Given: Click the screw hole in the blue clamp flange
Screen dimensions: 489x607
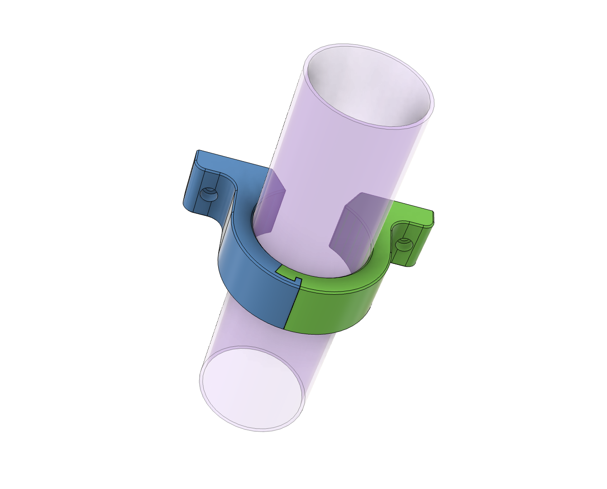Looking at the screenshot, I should click(x=209, y=195).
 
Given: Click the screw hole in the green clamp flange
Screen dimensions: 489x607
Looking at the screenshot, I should click(x=402, y=245).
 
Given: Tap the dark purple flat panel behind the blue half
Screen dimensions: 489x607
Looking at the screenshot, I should click(x=272, y=204).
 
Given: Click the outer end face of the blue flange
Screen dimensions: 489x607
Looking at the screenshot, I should click(x=190, y=181).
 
